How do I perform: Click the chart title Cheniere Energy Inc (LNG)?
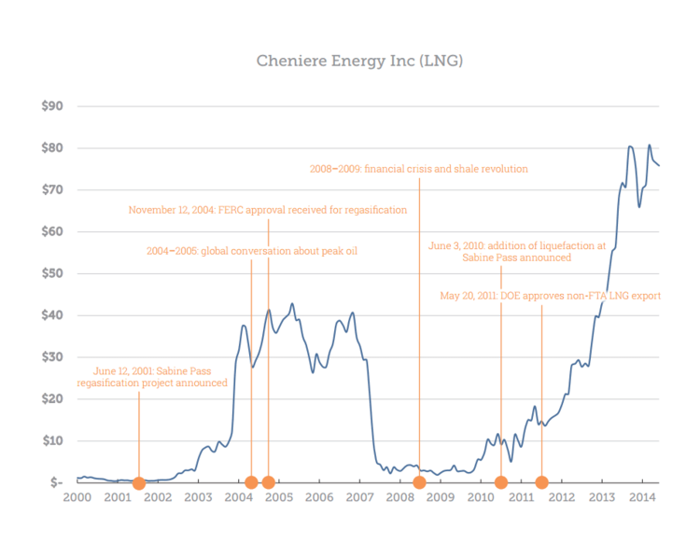coord(359,61)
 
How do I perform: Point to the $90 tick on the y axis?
coord(52,106)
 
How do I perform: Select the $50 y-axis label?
coord(52,273)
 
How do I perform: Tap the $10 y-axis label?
coord(52,440)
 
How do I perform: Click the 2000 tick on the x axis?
coord(77,499)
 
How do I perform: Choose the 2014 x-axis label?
coord(643,499)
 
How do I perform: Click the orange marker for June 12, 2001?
coord(139,482)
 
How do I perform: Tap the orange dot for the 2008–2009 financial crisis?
coord(419,482)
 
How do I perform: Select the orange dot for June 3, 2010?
coord(501,482)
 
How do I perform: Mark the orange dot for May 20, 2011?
coord(541,482)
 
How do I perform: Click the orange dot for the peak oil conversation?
coord(251,482)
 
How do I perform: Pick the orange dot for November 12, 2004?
coord(269,482)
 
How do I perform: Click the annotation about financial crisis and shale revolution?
coord(419,170)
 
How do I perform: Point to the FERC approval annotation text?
coord(268,210)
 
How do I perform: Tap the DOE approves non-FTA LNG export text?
coord(551,296)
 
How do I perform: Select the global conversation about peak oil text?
coord(252,251)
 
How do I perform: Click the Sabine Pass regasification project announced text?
coord(152,376)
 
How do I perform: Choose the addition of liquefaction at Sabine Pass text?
coord(517,253)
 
